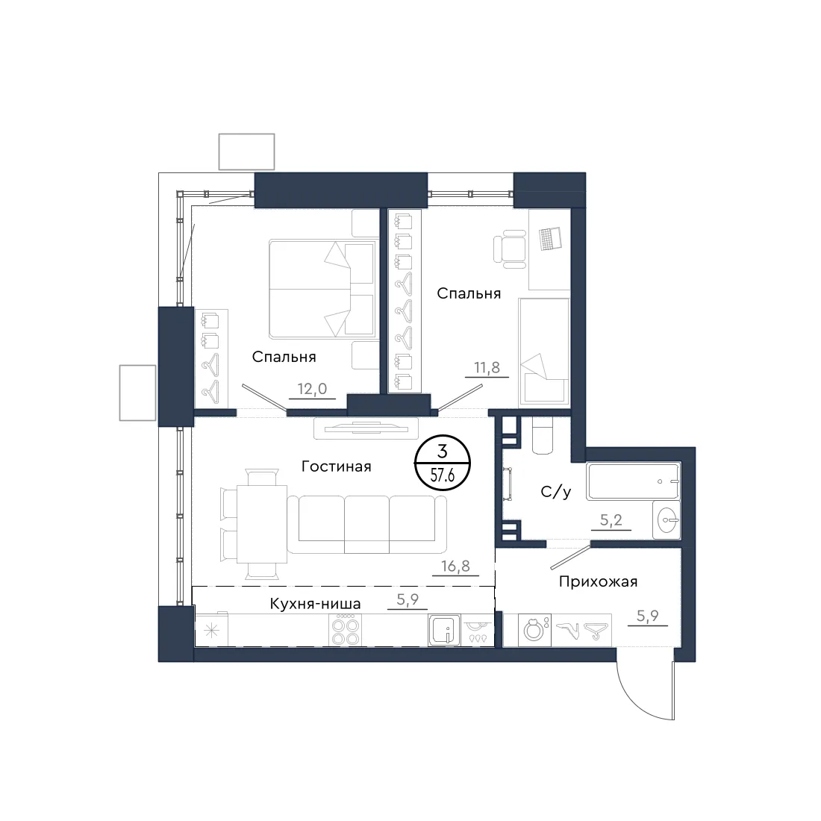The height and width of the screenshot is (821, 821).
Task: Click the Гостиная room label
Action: click(x=336, y=466)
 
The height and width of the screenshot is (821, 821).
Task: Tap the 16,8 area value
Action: click(x=455, y=566)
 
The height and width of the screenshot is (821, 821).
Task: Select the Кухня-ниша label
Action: click(x=315, y=604)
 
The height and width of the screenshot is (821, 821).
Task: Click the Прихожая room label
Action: click(x=598, y=581)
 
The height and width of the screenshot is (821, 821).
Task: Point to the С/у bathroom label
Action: click(x=555, y=492)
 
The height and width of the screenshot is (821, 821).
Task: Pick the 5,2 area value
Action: click(x=611, y=520)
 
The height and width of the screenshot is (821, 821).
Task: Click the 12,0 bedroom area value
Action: click(x=312, y=389)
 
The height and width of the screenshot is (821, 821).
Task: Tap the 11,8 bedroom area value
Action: click(x=487, y=367)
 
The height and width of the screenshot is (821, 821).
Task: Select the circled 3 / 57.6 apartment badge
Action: click(x=443, y=463)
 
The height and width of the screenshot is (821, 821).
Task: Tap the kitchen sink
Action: click(x=444, y=631)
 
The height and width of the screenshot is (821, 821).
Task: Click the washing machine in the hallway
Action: click(x=534, y=630)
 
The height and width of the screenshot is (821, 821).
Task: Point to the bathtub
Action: click(x=634, y=481)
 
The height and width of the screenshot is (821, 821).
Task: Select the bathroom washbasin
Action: click(x=667, y=520)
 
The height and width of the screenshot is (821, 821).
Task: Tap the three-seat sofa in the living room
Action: click(x=366, y=524)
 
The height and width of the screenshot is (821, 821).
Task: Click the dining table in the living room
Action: click(x=262, y=524)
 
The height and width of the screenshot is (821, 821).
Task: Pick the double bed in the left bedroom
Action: click(x=324, y=289)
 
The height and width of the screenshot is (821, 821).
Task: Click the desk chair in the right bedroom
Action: click(x=510, y=249)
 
